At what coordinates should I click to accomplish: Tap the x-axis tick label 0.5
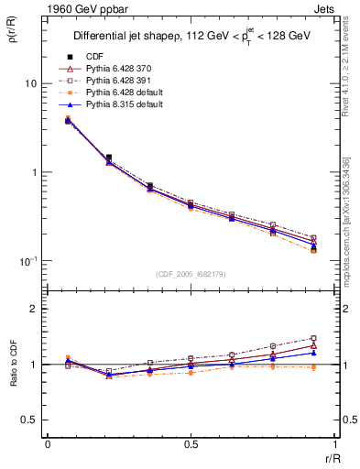point(191,443)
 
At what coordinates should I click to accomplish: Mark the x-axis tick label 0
point(48,443)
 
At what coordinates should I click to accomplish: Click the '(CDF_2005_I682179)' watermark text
point(192,274)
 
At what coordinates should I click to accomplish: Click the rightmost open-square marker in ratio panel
point(313,338)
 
